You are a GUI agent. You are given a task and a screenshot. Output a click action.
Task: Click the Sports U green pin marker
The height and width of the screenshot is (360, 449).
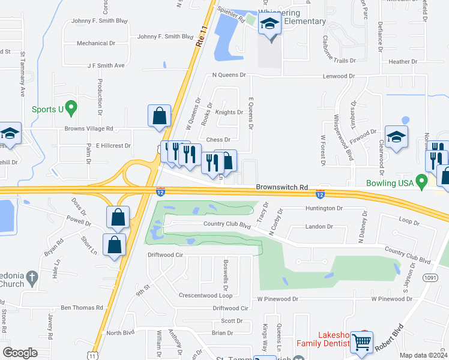[x=71, y=108]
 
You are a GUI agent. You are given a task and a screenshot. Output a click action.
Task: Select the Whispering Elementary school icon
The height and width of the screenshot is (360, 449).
[x=270, y=26]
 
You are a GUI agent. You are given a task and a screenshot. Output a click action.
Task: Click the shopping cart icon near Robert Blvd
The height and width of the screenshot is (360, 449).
[x=363, y=342]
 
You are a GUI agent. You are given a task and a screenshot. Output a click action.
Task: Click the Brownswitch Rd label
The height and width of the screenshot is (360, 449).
[x=282, y=187]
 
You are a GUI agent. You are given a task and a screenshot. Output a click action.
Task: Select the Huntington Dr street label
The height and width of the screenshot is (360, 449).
[x=323, y=208]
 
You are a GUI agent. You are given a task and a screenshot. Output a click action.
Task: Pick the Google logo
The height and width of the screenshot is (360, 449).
[x=20, y=353]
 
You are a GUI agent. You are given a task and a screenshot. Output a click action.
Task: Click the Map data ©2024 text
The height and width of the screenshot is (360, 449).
[x=424, y=355]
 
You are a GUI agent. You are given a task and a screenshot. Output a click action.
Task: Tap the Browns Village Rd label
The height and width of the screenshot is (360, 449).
[x=89, y=128]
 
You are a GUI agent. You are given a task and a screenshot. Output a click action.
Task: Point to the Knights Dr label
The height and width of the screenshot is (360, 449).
[x=229, y=112]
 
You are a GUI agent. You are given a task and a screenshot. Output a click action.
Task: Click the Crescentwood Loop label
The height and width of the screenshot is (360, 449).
[x=205, y=296]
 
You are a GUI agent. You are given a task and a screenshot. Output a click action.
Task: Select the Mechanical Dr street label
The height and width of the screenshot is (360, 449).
[x=96, y=43]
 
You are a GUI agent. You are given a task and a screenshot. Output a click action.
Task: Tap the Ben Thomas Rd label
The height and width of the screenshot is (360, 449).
[x=82, y=308]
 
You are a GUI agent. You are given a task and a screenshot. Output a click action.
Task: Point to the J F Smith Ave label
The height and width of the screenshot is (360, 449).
[x=106, y=65]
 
